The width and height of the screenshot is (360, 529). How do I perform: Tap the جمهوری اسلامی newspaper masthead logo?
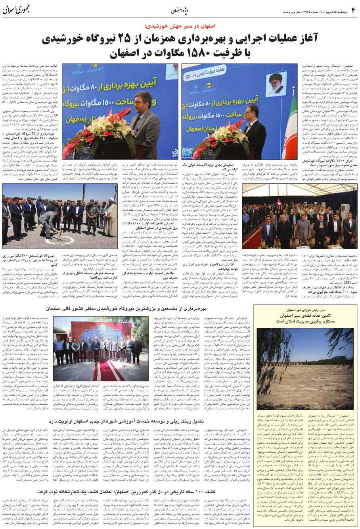coord(19,10)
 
